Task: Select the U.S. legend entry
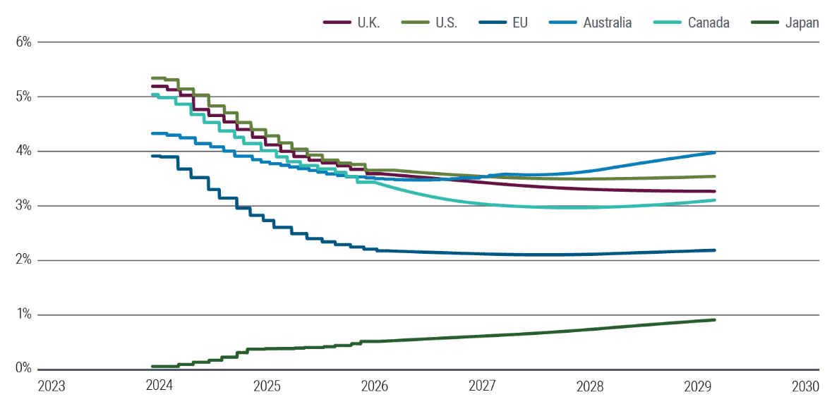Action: (430, 23)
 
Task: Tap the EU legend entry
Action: (512, 23)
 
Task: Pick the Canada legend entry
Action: (694, 23)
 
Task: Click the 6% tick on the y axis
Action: (23, 42)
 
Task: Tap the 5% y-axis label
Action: (23, 97)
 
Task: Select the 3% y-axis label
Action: (23, 206)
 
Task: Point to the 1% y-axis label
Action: (23, 315)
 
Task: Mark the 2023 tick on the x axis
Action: (52, 387)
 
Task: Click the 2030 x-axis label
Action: (805, 387)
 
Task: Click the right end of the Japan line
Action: (715, 320)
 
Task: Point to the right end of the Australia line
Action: (715, 152)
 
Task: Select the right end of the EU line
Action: (715, 250)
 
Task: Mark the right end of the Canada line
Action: (715, 200)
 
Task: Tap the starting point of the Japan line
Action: (152, 367)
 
